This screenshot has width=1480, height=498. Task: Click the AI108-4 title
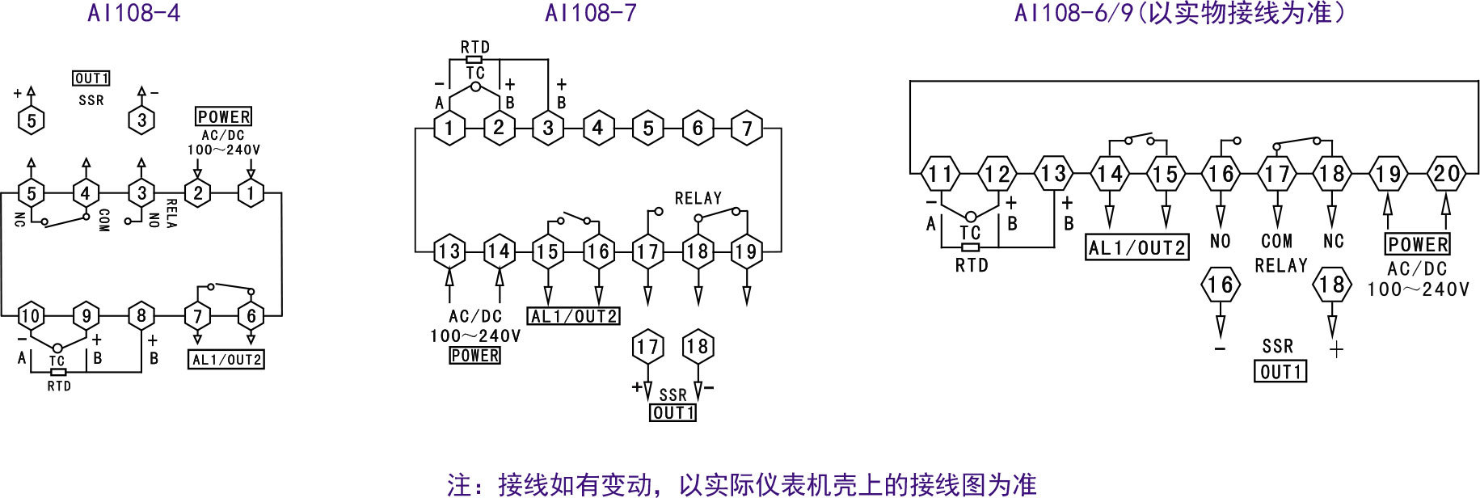[133, 13]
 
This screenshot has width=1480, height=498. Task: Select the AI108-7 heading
[591, 13]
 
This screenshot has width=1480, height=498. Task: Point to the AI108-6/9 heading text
[1180, 13]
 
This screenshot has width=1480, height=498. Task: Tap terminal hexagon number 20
[1445, 174]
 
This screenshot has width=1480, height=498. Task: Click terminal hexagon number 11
[940, 174]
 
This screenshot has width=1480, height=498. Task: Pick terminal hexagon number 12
[997, 174]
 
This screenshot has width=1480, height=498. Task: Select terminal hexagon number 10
[31, 315]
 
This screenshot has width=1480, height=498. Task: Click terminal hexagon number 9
[86, 315]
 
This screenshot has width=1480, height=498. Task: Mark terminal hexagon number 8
[141, 315]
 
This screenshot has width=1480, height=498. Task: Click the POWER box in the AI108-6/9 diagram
[1418, 244]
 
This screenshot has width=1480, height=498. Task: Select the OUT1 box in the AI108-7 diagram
[673, 412]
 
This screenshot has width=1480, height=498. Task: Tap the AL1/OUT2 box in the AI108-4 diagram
[226, 359]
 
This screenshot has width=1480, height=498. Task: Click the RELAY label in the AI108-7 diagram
[698, 198]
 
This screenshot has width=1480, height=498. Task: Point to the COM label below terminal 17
[1276, 241]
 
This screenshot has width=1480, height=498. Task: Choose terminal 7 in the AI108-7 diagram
[747, 129]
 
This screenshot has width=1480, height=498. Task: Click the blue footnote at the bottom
[741, 483]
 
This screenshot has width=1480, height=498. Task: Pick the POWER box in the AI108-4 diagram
[224, 116]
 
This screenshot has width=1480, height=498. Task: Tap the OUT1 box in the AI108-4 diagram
[91, 78]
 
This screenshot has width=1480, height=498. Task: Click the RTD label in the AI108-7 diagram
[475, 47]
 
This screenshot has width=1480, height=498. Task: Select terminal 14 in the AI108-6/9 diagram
[1109, 174]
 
